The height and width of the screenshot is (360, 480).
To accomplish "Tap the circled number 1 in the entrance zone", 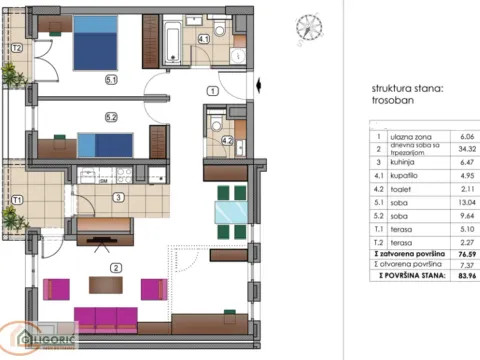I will (212, 91).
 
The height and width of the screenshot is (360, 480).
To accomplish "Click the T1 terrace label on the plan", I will (17, 199).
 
